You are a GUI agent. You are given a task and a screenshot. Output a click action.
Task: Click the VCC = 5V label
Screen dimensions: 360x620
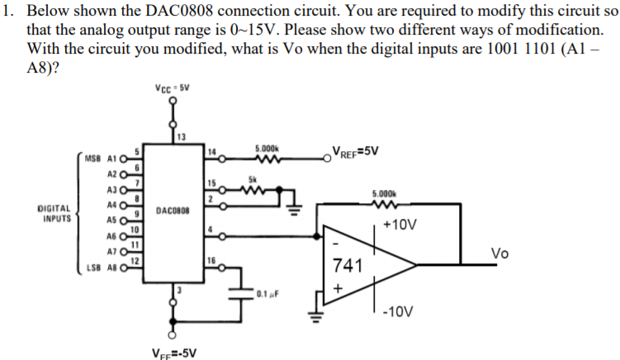point(174,88)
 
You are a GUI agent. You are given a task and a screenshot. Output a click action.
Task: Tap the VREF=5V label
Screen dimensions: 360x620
point(356,150)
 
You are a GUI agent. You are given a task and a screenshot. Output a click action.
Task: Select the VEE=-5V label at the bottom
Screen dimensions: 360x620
point(174,353)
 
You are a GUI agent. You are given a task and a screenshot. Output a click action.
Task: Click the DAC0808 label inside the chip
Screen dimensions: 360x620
point(174,211)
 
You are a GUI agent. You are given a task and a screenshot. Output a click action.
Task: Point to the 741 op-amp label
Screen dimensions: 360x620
point(345,266)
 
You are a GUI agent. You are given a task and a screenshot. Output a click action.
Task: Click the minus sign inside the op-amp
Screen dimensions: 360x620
point(334,245)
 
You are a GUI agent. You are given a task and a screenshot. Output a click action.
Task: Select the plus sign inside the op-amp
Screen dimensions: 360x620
point(335,287)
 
